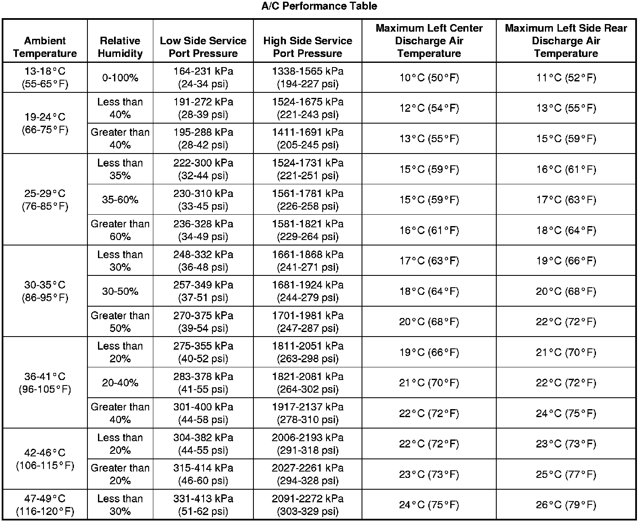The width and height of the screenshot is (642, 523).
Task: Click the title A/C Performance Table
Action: [319, 6]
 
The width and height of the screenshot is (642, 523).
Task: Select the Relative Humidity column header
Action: [120, 47]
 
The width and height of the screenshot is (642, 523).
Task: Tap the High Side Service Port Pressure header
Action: [307, 47]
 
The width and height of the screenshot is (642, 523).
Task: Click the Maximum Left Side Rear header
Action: [566, 41]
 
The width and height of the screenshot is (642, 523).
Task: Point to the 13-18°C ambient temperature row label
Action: [45, 77]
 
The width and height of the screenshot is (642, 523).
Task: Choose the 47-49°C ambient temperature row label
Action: [45, 505]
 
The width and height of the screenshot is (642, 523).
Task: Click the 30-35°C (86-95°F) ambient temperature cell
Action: [45, 291]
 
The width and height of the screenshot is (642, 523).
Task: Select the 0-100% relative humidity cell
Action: [120, 78]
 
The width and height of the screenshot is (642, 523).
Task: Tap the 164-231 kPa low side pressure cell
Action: [203, 77]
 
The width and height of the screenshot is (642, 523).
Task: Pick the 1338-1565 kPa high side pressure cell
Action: [307, 77]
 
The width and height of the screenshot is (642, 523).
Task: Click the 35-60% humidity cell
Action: [120, 199]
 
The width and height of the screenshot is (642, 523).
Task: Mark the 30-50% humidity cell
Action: [120, 291]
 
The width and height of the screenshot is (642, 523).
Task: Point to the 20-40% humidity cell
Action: [120, 383]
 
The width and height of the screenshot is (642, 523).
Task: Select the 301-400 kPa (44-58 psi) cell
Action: [203, 413]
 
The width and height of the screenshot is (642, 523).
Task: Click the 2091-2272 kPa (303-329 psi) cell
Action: [307, 505]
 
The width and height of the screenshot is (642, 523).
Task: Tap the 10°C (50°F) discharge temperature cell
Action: [429, 78]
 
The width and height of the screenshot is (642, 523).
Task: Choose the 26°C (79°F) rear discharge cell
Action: [566, 505]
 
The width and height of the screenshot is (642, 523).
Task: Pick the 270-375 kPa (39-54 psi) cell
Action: [203, 321]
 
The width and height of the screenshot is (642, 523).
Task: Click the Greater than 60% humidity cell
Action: [120, 230]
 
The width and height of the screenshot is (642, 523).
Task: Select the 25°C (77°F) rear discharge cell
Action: [566, 474]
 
